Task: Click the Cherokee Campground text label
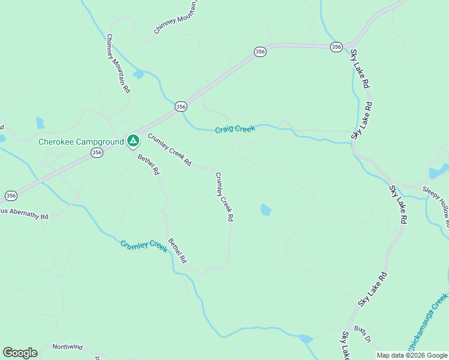[81, 142]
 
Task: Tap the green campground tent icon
[133, 142]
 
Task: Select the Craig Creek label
[235, 129]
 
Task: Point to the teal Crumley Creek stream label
[143, 246]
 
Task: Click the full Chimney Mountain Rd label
[118, 63]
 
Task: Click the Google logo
[20, 353]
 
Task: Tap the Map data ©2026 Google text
[412, 355]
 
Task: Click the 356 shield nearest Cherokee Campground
[97, 153]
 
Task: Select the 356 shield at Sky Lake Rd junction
[336, 47]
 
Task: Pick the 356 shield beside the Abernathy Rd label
[11, 196]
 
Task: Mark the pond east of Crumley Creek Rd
[265, 209]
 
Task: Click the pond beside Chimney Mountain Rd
[139, 74]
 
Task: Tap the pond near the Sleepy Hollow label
[438, 172]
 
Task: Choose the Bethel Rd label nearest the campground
[149, 164]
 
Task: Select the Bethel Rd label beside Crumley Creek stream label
[178, 251]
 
